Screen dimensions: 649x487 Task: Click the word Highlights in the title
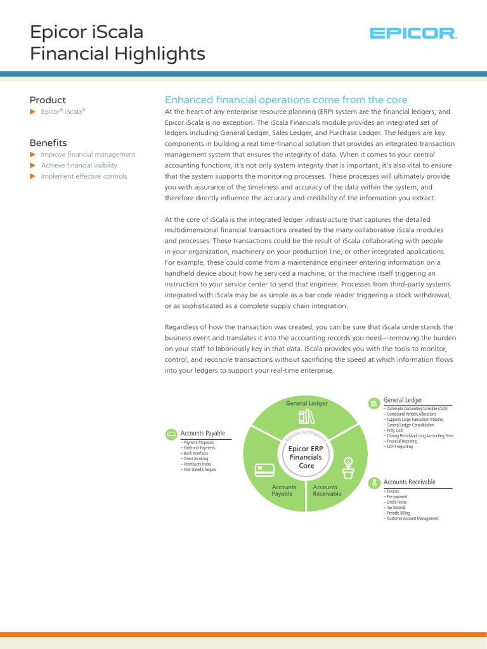pyautogui.click(x=161, y=54)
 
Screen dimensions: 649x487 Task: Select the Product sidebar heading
pyautogui.click(x=48, y=100)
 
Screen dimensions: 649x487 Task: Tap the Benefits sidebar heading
pyautogui.click(x=48, y=143)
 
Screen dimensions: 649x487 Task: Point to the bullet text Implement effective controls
pyautogui.click(x=84, y=176)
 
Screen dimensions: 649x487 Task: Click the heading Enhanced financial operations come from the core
pyautogui.click(x=286, y=100)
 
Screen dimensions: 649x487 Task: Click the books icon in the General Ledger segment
pyautogui.click(x=306, y=418)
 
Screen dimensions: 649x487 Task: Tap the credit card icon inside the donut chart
pyautogui.click(x=264, y=470)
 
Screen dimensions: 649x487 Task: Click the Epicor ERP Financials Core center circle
pyautogui.click(x=306, y=456)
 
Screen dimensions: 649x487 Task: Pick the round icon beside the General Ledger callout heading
pyautogui.click(x=374, y=402)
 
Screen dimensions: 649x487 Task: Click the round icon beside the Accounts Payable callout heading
pyautogui.click(x=171, y=434)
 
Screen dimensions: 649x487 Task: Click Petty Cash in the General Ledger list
pyautogui.click(x=394, y=430)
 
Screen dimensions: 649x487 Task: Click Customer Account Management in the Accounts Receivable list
pyautogui.click(x=412, y=518)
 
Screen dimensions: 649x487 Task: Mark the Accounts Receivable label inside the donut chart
pyautogui.click(x=327, y=490)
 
